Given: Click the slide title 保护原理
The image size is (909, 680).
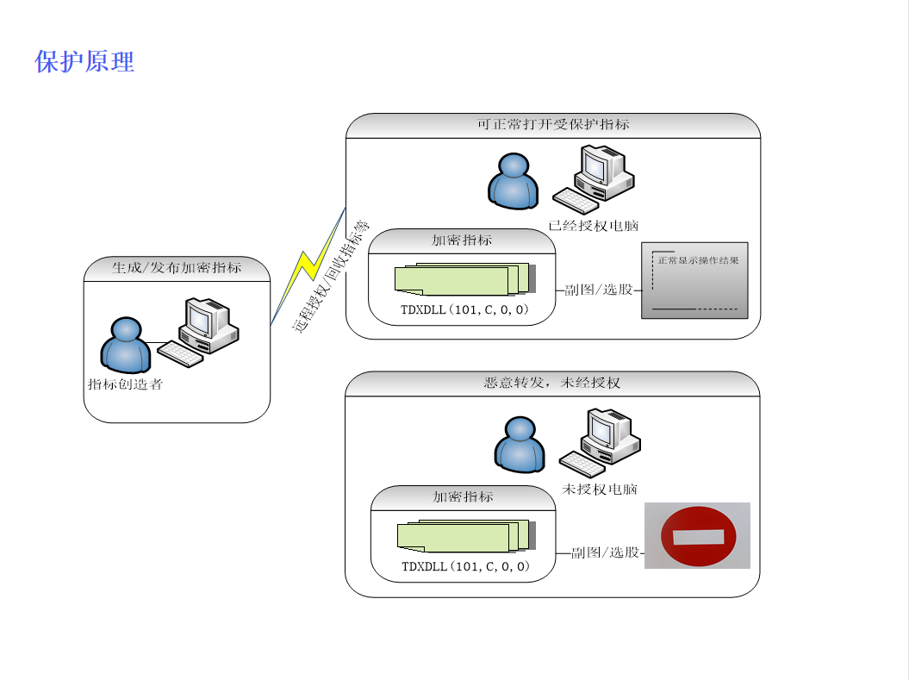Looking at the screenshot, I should (x=84, y=62).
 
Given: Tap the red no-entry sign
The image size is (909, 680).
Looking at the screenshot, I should (x=698, y=536).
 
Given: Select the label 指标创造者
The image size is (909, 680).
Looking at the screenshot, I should (x=125, y=384).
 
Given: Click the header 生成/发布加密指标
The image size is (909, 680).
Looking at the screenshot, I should (x=177, y=268).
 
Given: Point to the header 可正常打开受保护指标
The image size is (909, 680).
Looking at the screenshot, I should (x=553, y=124).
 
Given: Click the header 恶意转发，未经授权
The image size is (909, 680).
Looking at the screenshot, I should (x=552, y=383).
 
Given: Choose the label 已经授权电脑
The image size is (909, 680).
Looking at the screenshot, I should (x=594, y=226).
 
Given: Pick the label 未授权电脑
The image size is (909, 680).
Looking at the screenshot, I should (x=600, y=490).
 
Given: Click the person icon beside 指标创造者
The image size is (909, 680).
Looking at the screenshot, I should (x=125, y=346).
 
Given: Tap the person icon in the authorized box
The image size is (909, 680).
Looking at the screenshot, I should (x=513, y=181).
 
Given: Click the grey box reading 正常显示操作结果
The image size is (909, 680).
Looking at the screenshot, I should (x=694, y=280).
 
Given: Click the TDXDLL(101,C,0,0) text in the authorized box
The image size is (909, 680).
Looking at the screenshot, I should (x=464, y=309).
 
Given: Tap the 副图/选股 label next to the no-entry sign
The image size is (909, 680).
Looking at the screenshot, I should (x=605, y=552).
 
